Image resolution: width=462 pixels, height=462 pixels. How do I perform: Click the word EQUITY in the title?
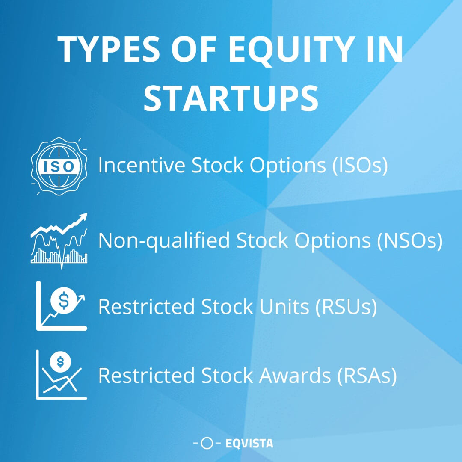[275, 50]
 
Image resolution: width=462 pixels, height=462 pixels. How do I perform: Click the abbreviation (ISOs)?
[360, 166]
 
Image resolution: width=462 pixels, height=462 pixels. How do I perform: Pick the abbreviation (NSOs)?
[409, 241]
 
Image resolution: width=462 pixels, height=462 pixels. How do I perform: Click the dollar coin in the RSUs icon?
[63, 301]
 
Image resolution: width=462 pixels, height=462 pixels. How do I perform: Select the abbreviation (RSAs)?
[367, 376]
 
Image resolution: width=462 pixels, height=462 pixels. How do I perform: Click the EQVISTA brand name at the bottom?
[249, 444]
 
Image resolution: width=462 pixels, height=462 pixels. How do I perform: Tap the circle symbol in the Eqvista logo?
[207, 444]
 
